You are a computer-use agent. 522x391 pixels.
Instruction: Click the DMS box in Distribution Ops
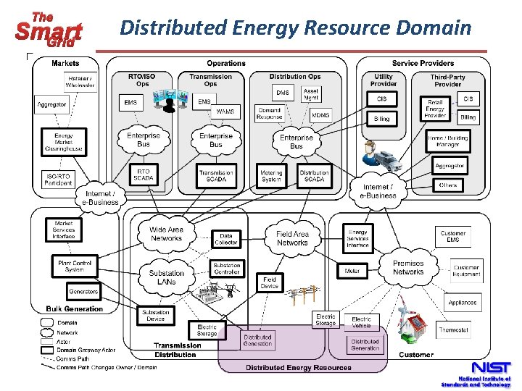(283, 93)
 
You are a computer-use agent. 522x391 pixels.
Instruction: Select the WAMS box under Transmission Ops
(225, 112)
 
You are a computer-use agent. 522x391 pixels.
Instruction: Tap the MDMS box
(320, 114)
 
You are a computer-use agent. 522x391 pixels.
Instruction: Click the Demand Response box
(270, 114)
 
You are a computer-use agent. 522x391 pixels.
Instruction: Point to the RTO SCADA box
(143, 175)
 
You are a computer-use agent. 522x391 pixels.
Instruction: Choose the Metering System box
(271, 175)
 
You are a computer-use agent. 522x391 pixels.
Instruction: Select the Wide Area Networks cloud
(166, 234)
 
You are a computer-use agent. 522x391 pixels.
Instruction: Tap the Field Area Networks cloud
(292, 238)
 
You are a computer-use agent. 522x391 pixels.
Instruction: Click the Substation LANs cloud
(167, 277)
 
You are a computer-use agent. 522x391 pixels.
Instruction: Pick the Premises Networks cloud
(408, 268)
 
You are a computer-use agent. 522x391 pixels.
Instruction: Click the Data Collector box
(226, 239)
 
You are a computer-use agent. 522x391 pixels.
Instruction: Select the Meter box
(352, 272)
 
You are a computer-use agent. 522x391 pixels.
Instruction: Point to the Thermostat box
(454, 330)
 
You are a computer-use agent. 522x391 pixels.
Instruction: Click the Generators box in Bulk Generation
(83, 291)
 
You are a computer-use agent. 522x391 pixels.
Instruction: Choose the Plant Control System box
(75, 266)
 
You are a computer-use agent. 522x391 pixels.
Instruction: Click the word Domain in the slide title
(434, 28)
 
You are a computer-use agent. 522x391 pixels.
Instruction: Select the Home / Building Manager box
(447, 140)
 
